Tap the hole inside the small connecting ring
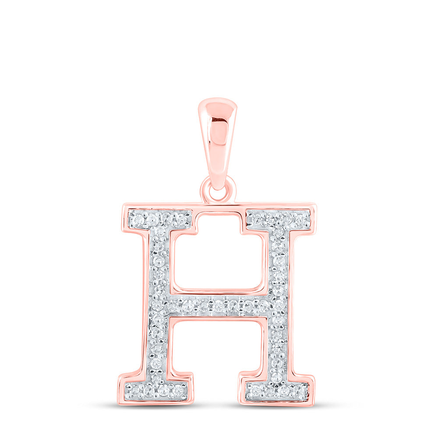218,191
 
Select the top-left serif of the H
159,219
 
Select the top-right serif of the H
278,219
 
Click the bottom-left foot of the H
156,389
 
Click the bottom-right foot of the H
277,389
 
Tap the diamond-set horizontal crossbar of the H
218,305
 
